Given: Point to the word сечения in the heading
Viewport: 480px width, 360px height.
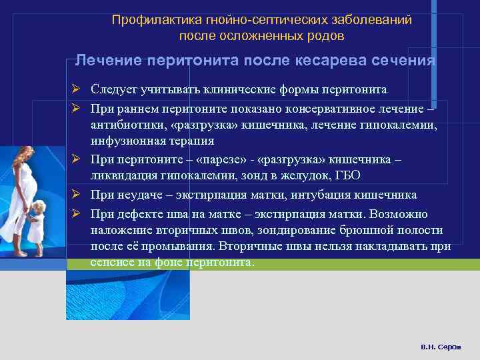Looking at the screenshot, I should tap(403, 61).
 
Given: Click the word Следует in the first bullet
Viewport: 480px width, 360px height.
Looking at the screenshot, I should tap(114, 90).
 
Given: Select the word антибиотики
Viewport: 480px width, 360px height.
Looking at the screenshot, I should tap(127, 124).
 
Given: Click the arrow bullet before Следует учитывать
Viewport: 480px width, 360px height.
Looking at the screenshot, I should tap(77, 90).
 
